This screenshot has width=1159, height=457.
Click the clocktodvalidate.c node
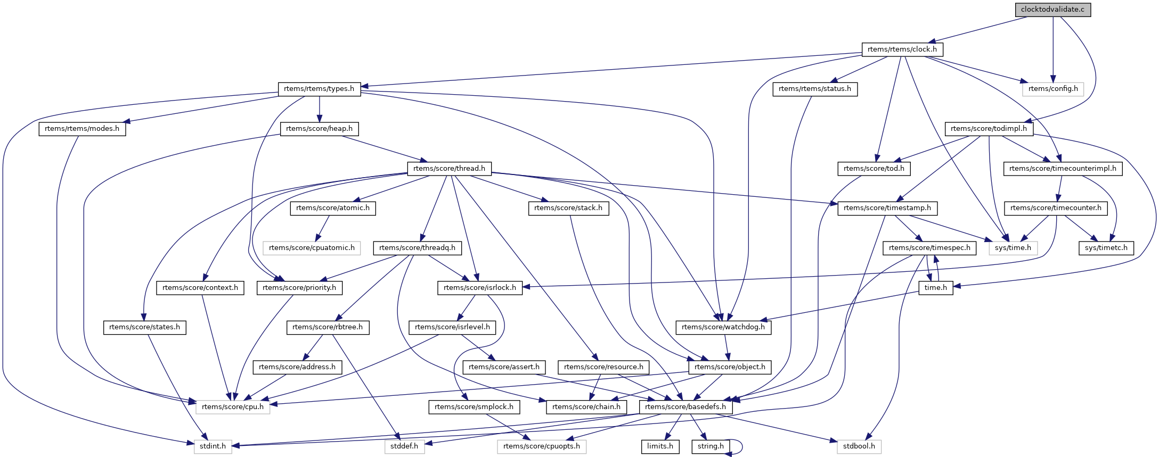click(x=1052, y=10)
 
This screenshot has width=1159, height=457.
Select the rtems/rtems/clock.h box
click(x=902, y=49)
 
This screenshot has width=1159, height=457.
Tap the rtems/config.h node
click(x=1052, y=89)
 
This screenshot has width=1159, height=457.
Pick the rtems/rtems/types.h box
click(x=319, y=89)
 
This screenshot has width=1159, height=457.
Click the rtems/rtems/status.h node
click(x=814, y=89)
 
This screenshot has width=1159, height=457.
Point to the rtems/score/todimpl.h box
click(x=989, y=129)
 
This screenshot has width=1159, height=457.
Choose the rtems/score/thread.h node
click(x=449, y=169)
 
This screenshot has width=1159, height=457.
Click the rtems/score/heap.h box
click(x=319, y=129)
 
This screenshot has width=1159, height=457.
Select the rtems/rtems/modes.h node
click(x=82, y=129)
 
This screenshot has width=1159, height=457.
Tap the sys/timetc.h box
click(x=1106, y=248)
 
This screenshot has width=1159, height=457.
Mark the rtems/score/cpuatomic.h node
click(x=312, y=248)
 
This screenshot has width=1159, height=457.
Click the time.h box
click(x=935, y=288)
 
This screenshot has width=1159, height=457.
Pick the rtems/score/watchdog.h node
click(x=723, y=327)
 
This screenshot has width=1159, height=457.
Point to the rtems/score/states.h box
click(x=144, y=327)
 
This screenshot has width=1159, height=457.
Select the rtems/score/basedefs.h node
click(x=685, y=407)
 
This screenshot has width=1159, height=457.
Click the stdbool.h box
click(x=859, y=446)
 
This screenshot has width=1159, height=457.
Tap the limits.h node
click(x=660, y=446)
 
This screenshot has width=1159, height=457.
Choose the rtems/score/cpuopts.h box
click(x=541, y=446)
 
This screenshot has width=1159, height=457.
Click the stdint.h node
click(x=213, y=446)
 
